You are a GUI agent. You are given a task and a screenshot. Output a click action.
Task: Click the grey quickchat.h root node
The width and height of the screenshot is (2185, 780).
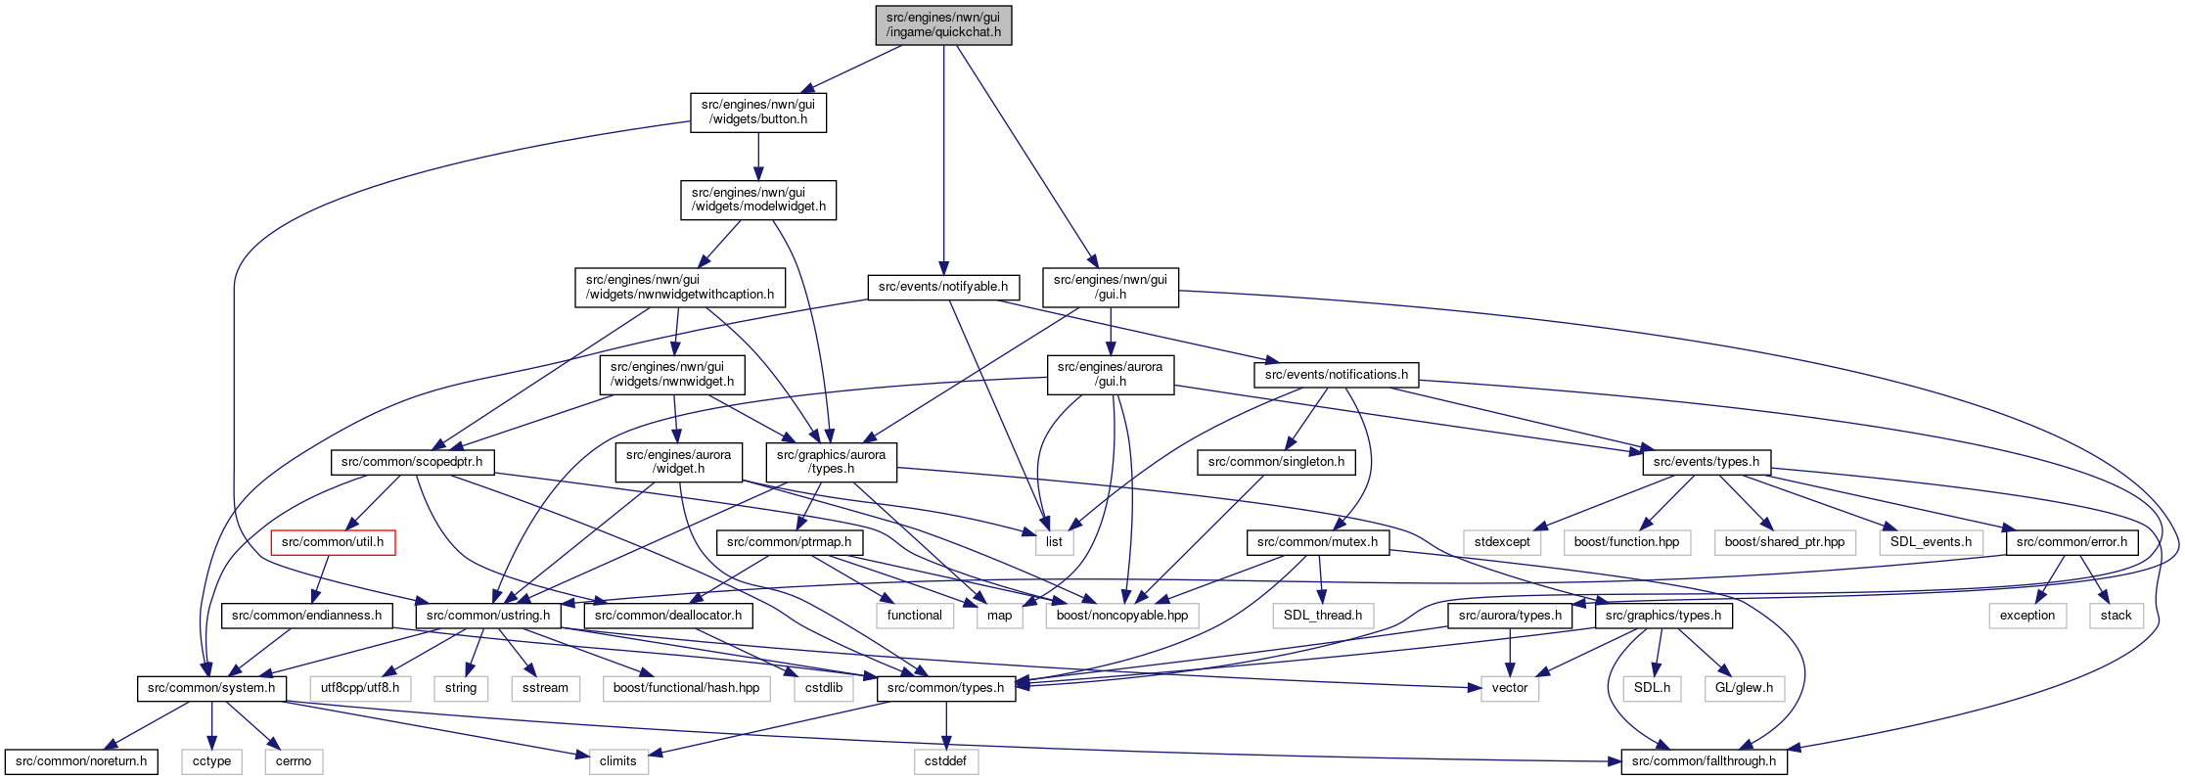943,24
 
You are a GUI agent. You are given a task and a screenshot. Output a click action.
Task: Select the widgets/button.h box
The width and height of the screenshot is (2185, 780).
758,113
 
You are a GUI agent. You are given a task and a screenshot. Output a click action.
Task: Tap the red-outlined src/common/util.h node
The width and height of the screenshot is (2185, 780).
333,542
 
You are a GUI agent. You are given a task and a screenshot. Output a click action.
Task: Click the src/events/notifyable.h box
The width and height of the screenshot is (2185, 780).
943,287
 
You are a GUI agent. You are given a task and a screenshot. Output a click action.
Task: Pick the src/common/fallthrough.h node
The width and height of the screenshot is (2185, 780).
1704,761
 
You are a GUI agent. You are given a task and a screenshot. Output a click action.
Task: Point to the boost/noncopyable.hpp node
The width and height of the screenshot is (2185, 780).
1122,616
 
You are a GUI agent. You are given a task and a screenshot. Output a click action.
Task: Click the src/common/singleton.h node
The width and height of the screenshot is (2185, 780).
1276,462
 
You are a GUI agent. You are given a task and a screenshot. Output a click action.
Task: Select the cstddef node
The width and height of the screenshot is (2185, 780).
945,761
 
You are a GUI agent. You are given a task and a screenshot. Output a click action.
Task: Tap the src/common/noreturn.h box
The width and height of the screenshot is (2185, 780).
81,761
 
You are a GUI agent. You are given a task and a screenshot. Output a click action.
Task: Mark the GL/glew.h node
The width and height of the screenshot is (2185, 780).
1745,688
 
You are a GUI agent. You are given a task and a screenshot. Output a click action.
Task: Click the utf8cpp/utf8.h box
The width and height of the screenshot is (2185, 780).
360,688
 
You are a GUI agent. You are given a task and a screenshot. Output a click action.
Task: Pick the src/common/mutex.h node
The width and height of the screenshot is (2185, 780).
1317,542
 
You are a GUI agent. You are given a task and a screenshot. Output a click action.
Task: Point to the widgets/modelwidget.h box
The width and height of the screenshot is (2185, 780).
758,200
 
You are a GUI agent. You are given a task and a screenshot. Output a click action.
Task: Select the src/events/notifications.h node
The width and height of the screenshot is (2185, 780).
1336,375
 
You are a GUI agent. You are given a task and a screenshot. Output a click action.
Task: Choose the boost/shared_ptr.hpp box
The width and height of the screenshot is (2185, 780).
1785,542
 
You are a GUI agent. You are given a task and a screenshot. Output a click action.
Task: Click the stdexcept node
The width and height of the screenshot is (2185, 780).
1502,542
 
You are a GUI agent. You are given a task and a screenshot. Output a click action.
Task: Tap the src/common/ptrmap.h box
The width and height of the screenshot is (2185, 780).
789,542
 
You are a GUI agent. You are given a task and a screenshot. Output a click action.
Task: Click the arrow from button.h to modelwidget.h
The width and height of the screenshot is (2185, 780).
758,157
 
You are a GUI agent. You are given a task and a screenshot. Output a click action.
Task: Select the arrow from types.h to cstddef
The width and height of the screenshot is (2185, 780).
945,725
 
